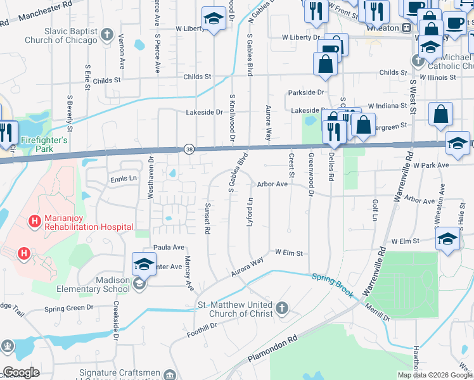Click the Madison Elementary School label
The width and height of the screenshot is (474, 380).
tap(113, 285)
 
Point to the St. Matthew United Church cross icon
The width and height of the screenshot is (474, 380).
tap(282, 309)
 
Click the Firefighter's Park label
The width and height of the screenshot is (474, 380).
tap(44, 144)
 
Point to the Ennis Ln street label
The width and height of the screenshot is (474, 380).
tap(123, 179)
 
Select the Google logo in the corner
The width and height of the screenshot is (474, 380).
tap(22, 372)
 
